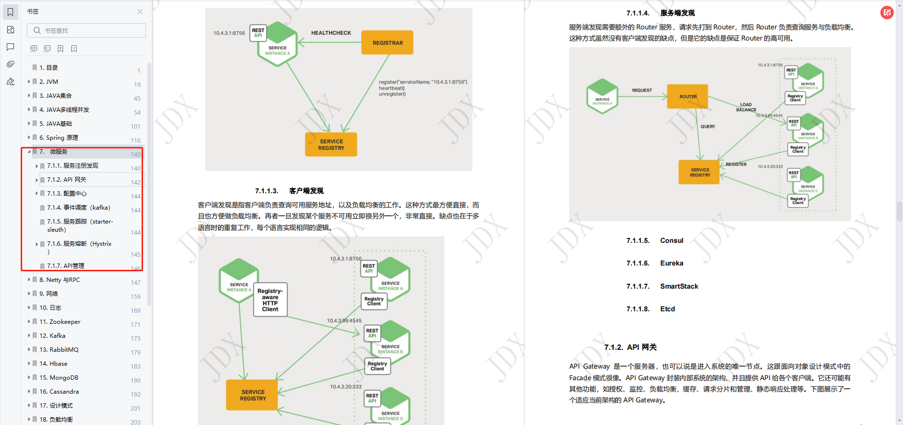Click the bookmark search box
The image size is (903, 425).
point(87,30)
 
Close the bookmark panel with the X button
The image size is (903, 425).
point(140,12)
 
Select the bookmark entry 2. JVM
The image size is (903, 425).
point(49,82)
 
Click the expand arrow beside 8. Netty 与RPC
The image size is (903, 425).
point(29,280)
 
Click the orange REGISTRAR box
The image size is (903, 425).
point(387,43)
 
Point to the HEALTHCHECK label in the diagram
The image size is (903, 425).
point(331,33)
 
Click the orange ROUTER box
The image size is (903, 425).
point(688,96)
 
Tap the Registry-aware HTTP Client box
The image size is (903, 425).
point(270,300)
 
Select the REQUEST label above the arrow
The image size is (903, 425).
point(641,90)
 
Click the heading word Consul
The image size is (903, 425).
point(671,241)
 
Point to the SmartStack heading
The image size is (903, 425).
point(679,286)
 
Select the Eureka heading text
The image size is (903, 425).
point(671,264)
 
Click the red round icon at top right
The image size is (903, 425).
point(887,13)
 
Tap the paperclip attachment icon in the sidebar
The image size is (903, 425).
point(11,64)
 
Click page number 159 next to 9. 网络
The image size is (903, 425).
point(136,297)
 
